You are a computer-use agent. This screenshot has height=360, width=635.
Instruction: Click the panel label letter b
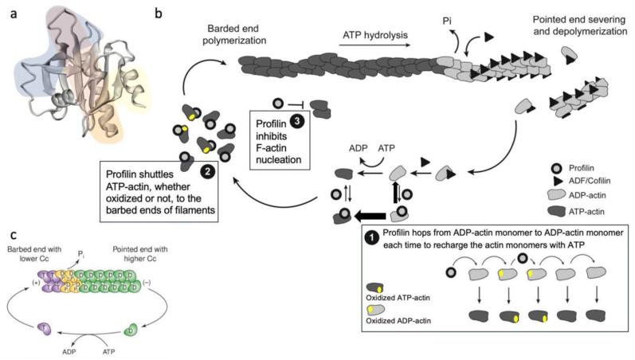(x=158, y=14)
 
